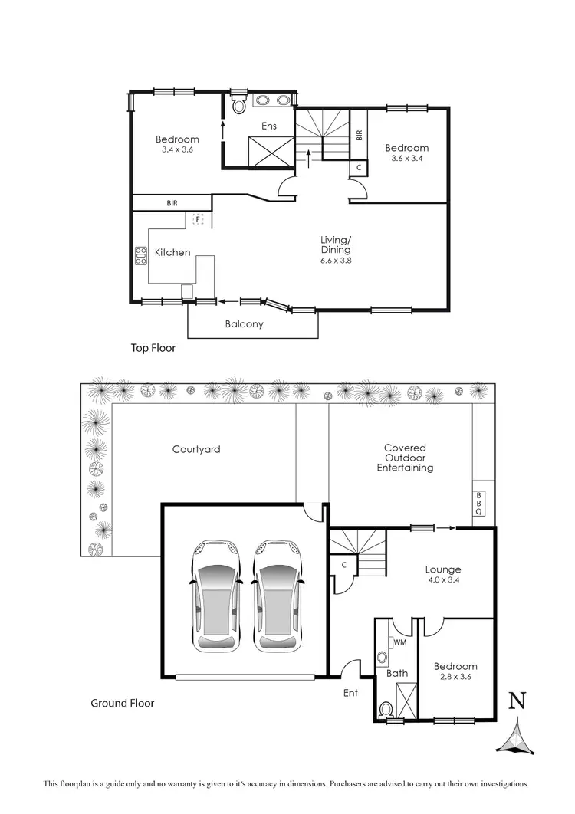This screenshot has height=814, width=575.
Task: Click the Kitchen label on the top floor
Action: pos(172,252)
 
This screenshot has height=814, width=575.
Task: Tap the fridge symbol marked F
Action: pos(198,220)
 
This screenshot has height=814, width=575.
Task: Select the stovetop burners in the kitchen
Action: pos(141,255)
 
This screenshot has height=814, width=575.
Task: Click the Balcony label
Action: pos(245,324)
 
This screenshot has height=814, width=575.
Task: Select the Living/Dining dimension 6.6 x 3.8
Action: pos(336,261)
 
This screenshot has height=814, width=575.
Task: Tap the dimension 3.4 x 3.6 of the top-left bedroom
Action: pos(177,150)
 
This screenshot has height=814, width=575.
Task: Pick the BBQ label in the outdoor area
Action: pos(479,503)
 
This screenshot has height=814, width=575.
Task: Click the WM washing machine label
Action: pos(399,642)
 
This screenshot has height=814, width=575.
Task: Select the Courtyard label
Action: pos(196,449)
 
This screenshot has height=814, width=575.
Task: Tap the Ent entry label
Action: pos(350,694)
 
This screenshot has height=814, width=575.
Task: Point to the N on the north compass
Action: pos(518,701)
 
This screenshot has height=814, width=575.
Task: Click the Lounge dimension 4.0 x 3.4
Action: pos(443,581)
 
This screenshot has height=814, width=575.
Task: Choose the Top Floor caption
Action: pos(153,348)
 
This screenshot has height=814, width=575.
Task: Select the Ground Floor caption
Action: pos(123,703)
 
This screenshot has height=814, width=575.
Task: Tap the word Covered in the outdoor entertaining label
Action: pos(405,448)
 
